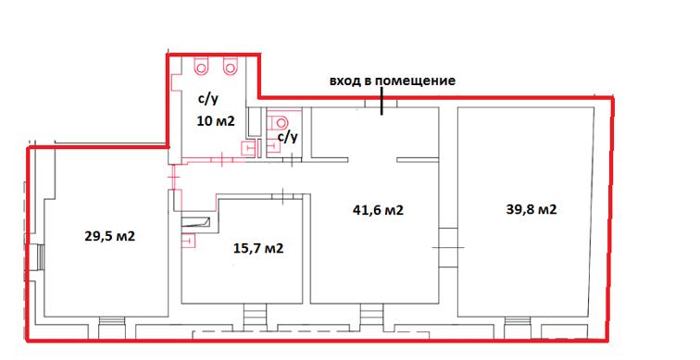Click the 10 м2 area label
coord(214,119)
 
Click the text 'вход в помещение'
coord(393,81)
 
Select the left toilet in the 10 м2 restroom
coord(202,67)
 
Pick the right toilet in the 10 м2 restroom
coord(231,67)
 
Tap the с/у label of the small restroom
coord(288,137)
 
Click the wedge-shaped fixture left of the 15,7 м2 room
coord(197,222)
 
